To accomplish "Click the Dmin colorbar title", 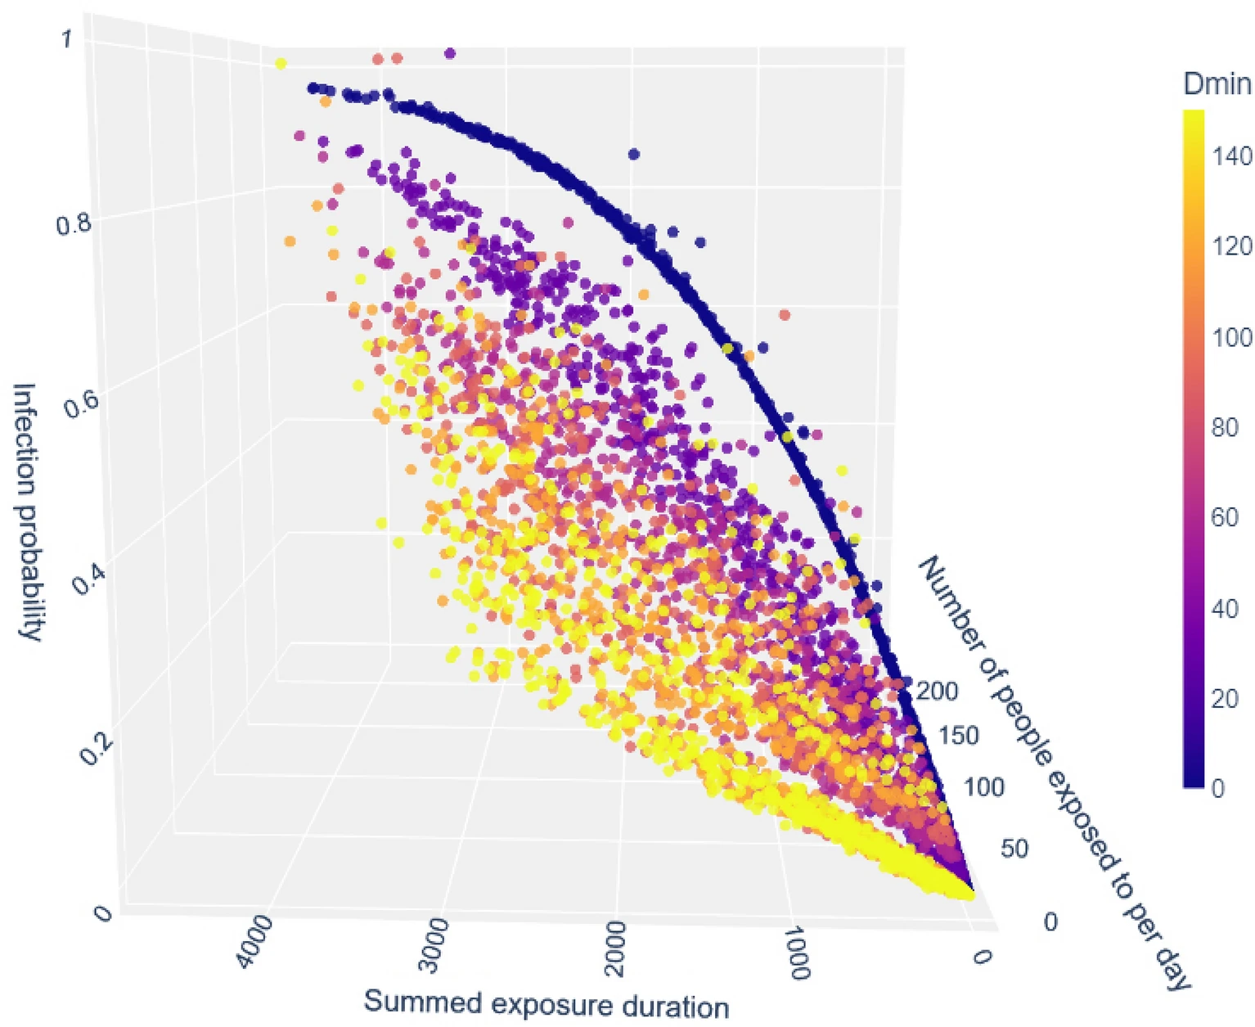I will pyautogui.click(x=1217, y=83).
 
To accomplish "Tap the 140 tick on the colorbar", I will pyautogui.click(x=1231, y=155).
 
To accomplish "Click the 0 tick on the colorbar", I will pyautogui.click(x=1218, y=788).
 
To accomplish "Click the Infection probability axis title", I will pyautogui.click(x=27, y=511).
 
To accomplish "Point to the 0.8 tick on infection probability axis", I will pyautogui.click(x=73, y=222).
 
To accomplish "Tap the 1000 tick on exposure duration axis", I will pyautogui.click(x=793, y=953).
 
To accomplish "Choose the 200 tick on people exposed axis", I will pyautogui.click(x=937, y=691).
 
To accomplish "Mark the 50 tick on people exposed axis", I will pyautogui.click(x=1014, y=848).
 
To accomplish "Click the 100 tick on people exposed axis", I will pyautogui.click(x=983, y=787).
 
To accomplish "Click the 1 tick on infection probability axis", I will pyautogui.click(x=68, y=39).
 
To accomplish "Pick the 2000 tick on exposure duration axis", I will pyautogui.click(x=615, y=949).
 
